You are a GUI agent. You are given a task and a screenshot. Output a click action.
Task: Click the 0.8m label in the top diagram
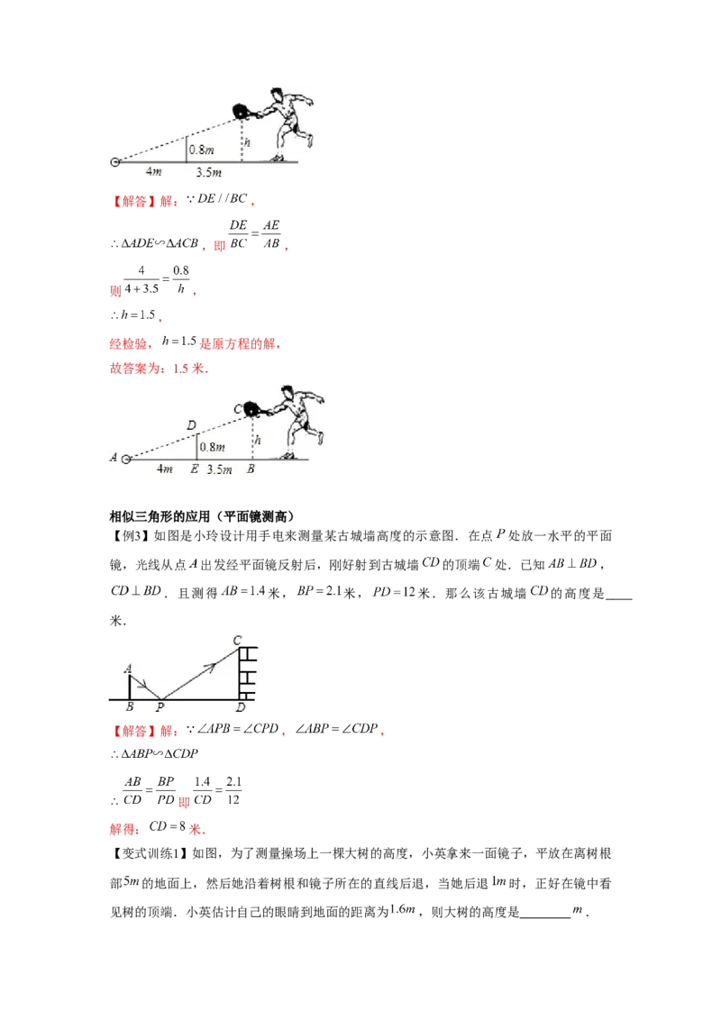[201, 150]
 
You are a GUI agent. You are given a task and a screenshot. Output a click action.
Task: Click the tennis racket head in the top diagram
[242, 112]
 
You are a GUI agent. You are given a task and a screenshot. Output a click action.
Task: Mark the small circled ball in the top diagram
[115, 162]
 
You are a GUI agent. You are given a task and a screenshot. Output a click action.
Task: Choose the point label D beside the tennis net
[191, 423]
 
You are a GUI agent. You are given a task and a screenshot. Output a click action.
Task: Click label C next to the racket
[238, 407]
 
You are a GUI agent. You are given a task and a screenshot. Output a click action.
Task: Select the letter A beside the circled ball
[114, 458]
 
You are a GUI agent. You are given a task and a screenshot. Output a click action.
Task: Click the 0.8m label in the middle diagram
[212, 447]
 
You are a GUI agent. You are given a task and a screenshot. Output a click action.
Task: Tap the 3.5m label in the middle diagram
[219, 469]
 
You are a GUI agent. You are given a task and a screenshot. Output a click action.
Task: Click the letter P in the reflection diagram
[160, 707]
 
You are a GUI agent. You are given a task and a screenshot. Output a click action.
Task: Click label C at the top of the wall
[237, 640]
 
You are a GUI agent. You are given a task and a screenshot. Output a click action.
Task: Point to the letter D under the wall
[239, 707]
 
